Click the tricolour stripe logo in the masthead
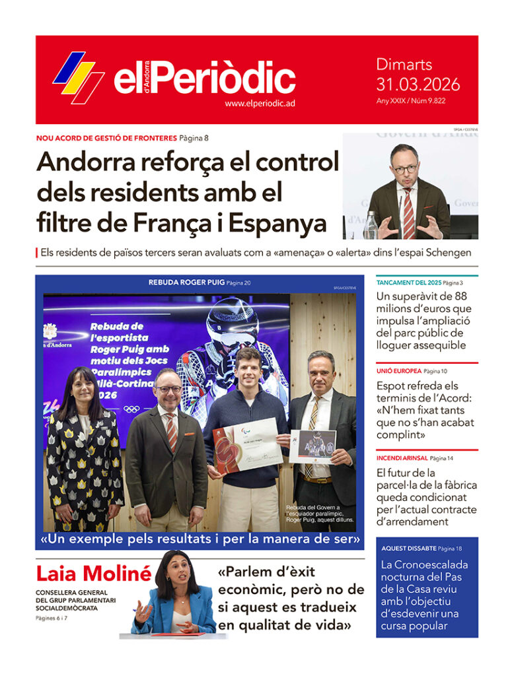[78, 77]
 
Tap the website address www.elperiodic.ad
[259, 104]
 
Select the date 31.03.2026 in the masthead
[418, 84]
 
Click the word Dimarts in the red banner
[404, 65]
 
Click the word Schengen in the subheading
[447, 253]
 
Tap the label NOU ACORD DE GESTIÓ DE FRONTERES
[106, 138]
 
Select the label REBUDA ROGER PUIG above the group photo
[186, 283]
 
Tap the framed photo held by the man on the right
[312, 446]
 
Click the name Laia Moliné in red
[93, 574]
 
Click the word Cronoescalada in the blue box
[424, 565]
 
